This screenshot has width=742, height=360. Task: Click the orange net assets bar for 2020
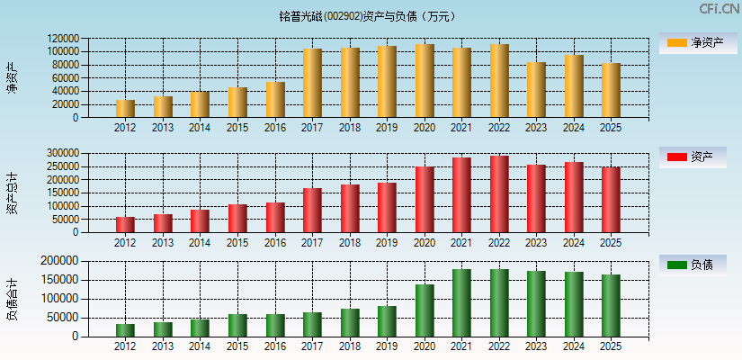pos(425,81)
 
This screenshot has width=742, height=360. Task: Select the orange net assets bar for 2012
pos(125,108)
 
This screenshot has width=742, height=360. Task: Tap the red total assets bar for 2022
pos(499,194)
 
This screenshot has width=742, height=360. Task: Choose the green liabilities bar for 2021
pos(461,303)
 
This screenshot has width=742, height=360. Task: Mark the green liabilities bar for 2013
pos(163,329)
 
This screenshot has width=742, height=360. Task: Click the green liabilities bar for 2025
pos(611,306)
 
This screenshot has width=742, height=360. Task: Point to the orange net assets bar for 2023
pos(536,90)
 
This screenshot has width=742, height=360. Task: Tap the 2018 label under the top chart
pos(350,128)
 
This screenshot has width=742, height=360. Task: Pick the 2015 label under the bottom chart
pos(237,346)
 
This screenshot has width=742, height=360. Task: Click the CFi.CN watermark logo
pos(720,9)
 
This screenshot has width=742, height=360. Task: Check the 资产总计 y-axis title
pos(12,193)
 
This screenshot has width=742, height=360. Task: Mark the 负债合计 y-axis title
pos(12,300)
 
